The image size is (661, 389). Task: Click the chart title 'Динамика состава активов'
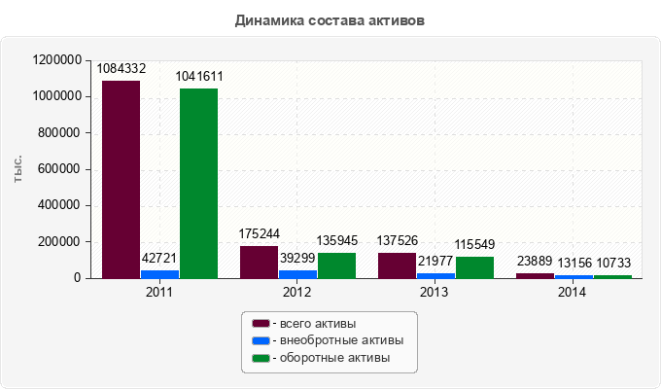pyautogui.click(x=330, y=19)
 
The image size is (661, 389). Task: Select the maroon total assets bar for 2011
pyautogui.click(x=122, y=180)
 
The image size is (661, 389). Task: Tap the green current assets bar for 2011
pyautogui.click(x=198, y=184)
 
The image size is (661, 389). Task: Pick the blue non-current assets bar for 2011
pyautogui.click(x=159, y=274)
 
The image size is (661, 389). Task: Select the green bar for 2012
pyautogui.click(x=336, y=265)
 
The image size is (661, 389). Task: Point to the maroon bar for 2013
pyautogui.click(x=397, y=265)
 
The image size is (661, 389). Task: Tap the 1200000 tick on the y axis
pyautogui.click(x=56, y=60)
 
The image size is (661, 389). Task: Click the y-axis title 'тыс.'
pyautogui.click(x=17, y=169)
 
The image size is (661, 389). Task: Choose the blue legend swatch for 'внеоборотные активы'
pyautogui.click(x=260, y=341)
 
